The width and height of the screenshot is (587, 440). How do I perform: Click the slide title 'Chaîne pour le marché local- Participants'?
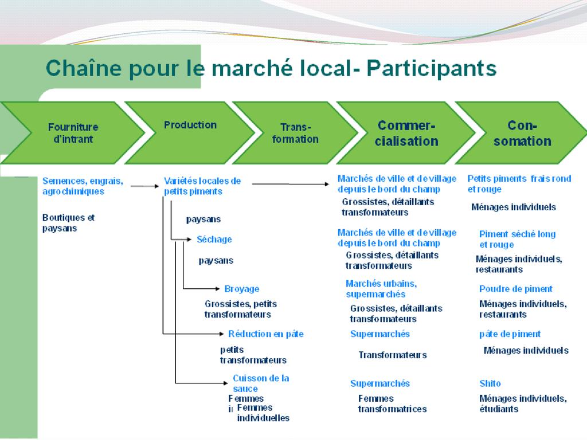271,69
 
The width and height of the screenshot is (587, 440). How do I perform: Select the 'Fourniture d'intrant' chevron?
73,133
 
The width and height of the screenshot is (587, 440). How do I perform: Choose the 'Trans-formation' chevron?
295,133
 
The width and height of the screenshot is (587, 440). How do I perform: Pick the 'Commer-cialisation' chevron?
406,133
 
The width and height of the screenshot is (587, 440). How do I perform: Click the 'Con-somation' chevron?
522,133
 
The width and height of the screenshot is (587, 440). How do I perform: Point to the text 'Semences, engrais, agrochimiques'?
83,186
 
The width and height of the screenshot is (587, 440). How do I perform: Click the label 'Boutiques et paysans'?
68,223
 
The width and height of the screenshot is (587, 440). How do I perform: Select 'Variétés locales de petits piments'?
202,186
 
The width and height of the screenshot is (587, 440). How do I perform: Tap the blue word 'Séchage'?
214,239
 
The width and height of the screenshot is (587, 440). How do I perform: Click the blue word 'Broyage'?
241,289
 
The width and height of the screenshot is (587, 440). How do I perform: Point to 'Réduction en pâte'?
265,333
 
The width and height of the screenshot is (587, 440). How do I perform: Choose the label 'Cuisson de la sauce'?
260,383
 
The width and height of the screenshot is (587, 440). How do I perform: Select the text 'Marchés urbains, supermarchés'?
381,289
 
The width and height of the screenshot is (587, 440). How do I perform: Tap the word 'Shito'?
490,383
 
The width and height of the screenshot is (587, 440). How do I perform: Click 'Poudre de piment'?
515,289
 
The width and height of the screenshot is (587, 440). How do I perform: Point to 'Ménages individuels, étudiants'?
522,403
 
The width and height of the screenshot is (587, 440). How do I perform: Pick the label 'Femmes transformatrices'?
392,403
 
